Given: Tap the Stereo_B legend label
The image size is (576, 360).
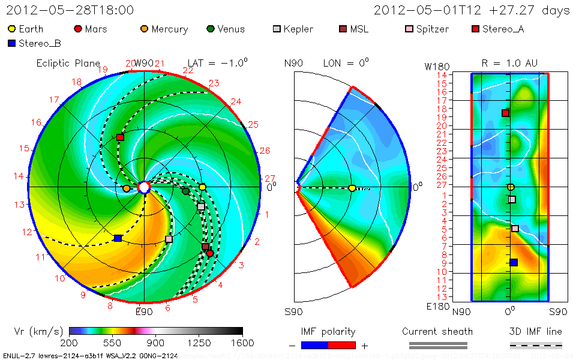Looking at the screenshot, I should pos(40,43).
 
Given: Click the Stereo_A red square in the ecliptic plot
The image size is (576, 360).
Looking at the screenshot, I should pos(120,137).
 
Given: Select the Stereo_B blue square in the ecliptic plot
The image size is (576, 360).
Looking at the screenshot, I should pos(118,238).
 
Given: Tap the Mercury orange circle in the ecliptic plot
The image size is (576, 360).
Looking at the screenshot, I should pos(127,188).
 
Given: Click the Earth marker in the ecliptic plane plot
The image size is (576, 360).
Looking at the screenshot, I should pos(203,187).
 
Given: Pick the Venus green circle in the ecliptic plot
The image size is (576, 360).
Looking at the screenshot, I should pos(185,191).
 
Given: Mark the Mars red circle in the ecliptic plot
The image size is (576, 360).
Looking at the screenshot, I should pos(210,253).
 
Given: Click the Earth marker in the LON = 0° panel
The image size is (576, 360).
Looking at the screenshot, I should pos(352,188).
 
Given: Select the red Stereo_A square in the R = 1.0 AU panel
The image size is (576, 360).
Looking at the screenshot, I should pos(505,113).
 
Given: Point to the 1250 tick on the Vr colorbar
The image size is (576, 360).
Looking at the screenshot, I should pos(199,343).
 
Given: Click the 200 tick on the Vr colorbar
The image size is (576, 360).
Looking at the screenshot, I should pos(70,343).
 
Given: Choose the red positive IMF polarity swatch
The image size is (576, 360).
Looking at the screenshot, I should pos(342,345).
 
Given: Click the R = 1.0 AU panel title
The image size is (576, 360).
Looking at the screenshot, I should pos(509,62).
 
